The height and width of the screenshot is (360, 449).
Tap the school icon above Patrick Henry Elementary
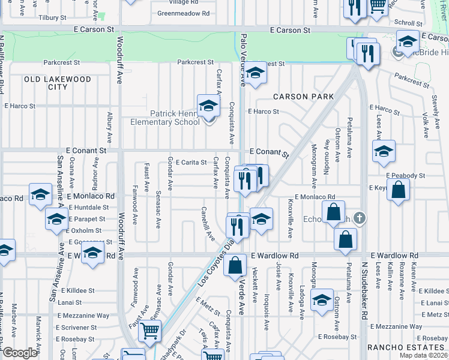(208, 106)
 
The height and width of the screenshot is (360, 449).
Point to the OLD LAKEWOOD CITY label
(58, 83)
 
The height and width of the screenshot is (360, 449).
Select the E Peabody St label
(406, 176)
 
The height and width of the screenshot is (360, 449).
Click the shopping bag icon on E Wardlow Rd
(235, 264)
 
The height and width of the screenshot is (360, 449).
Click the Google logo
(20, 353)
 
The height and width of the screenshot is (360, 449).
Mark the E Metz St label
(208, 305)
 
